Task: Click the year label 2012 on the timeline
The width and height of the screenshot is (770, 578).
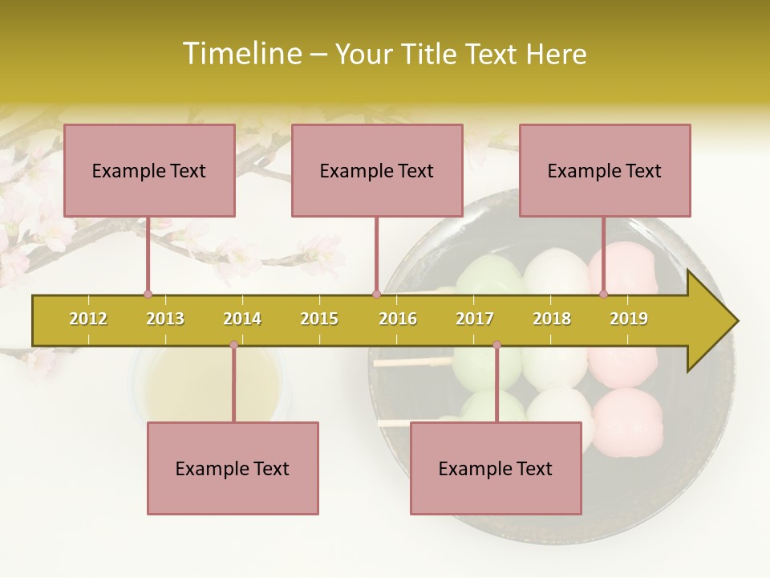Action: [x=88, y=319]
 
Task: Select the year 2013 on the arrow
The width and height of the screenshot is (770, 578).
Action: [x=165, y=319]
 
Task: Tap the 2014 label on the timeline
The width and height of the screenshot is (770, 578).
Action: [x=242, y=319]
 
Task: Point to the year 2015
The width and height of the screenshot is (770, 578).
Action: [x=319, y=319]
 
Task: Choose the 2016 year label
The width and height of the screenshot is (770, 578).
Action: [x=398, y=319]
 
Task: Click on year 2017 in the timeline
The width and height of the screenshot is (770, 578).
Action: [x=475, y=319]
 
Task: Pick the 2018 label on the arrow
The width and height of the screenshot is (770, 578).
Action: [x=552, y=319]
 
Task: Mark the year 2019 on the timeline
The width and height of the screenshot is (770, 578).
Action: [x=629, y=319]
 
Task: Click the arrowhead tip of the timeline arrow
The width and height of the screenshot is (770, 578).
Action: [x=736, y=321]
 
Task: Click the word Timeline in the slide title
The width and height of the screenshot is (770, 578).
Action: [x=240, y=54]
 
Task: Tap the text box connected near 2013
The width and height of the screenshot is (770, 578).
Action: [x=149, y=170]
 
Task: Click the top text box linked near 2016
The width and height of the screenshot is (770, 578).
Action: [x=377, y=170]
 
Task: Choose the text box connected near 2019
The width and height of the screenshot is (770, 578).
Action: [x=605, y=170]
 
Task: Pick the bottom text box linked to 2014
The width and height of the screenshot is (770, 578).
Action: [x=233, y=468]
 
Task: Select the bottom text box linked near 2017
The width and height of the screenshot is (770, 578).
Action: [x=496, y=468]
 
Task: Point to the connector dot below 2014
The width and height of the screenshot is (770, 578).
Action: [x=233, y=345]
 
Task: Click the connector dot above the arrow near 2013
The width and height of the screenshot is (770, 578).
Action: [x=148, y=294]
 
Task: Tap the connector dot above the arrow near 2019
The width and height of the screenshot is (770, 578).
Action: [x=604, y=294]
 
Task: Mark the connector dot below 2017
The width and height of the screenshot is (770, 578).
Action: [x=496, y=345]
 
